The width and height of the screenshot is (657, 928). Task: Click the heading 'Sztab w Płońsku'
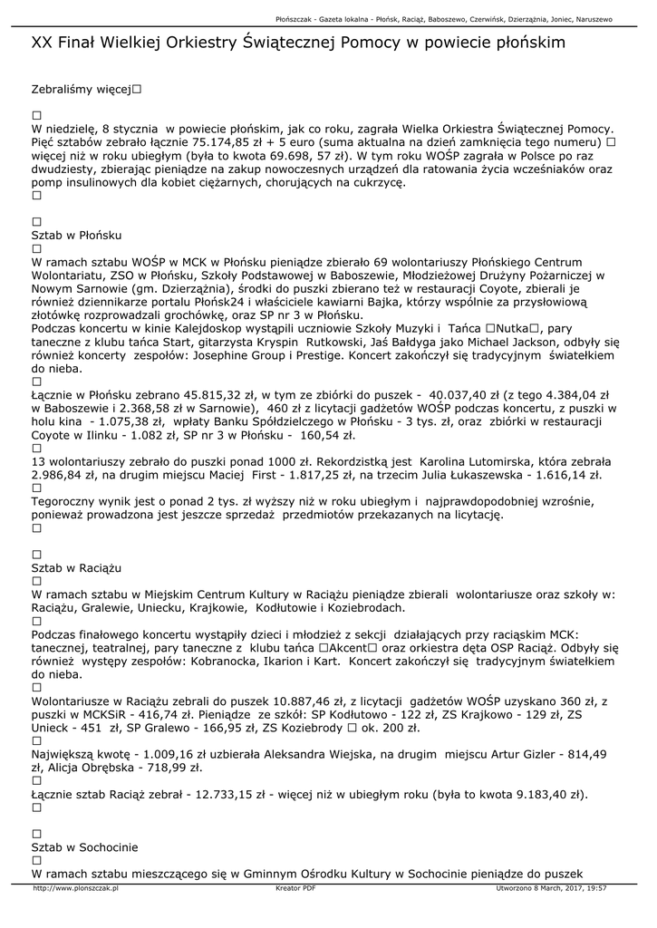tap(76, 235)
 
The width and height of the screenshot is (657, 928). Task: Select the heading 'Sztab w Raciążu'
tap(76, 567)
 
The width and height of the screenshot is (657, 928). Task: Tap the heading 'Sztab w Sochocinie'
tap(84, 846)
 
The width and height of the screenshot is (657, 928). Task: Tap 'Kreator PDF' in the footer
tap(295, 889)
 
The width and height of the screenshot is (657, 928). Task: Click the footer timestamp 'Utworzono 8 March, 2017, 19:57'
tap(551, 889)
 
